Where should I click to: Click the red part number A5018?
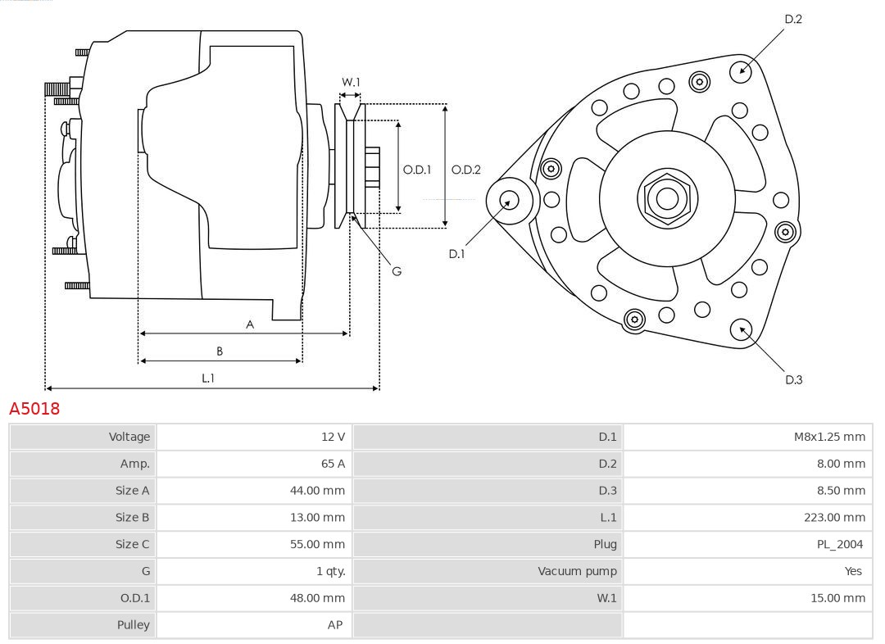(34, 409)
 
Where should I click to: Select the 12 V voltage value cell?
(333, 437)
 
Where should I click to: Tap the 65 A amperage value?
(333, 464)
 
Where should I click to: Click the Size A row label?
(133, 491)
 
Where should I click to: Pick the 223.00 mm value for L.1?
(834, 517)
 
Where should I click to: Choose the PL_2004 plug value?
(842, 544)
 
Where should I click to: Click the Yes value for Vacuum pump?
(853, 571)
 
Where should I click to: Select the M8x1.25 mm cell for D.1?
(829, 437)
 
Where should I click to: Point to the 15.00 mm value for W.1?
(837, 598)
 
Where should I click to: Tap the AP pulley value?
(335, 624)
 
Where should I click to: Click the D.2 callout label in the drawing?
(793, 19)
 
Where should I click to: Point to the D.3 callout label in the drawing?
(793, 379)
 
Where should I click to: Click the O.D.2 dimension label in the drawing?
(466, 170)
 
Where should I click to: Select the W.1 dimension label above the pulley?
(351, 82)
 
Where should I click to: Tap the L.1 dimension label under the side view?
(208, 379)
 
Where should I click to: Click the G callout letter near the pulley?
(397, 271)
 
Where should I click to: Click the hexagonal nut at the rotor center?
(667, 197)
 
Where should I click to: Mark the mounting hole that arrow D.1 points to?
(509, 200)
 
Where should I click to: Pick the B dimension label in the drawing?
(220, 351)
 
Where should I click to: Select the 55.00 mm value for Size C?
(321, 544)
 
